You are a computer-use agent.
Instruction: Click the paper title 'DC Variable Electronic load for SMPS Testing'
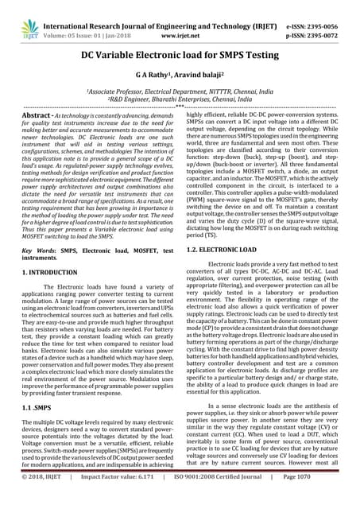coord(180,56)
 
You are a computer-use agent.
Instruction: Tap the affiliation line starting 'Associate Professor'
coord(180,91)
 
